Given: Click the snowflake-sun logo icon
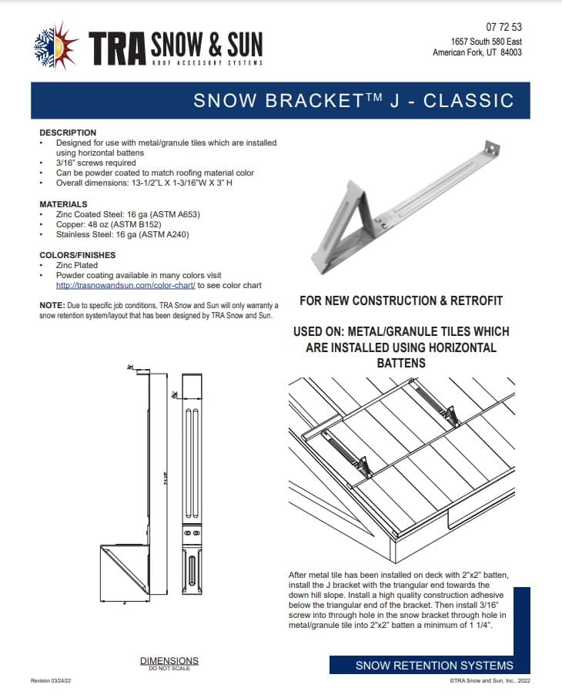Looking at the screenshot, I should click(x=56, y=45).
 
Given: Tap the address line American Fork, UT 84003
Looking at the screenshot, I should click(x=477, y=52).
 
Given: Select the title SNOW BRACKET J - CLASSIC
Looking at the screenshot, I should click(x=353, y=100).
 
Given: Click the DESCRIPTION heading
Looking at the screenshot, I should click(x=68, y=133).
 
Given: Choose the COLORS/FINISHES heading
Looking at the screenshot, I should click(x=78, y=255).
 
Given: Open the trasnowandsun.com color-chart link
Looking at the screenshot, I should click(x=125, y=285).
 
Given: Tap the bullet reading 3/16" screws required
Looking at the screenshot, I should click(x=95, y=163).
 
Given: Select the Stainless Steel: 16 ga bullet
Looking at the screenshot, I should click(x=122, y=234).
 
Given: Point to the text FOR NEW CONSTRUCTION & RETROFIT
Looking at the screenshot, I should click(x=400, y=300).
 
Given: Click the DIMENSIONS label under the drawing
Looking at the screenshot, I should click(x=169, y=660).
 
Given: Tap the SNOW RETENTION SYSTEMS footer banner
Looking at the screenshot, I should click(x=434, y=666).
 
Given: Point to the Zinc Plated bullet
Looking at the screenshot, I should click(x=77, y=265).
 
